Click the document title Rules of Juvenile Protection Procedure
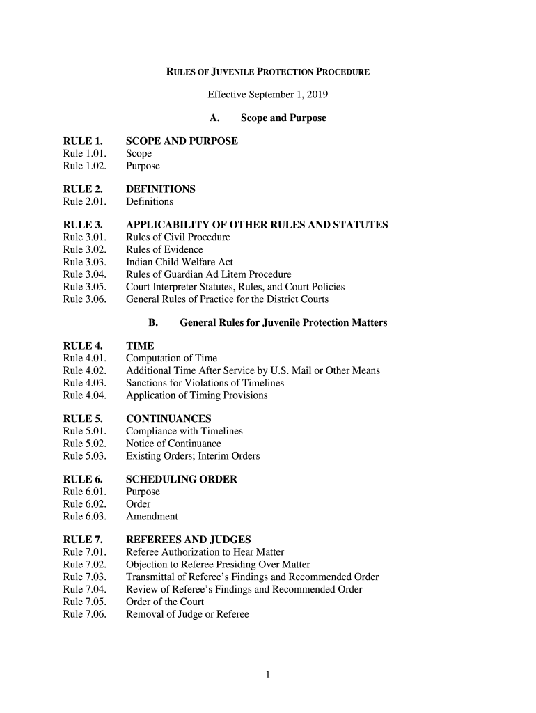267,72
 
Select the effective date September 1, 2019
267,95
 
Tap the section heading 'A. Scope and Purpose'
267,118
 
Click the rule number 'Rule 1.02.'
83,166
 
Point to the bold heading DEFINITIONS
160,189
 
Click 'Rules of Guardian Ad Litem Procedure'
208,274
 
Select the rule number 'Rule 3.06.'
84,299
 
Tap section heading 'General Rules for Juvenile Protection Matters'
283,323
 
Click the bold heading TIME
140,346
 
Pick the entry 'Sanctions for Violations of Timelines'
205,383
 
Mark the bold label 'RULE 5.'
83,419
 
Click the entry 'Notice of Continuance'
173,444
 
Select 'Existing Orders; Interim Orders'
192,456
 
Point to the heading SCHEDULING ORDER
181,480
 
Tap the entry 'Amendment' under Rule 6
152,517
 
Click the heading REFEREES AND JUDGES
188,540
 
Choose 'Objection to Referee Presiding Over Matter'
218,565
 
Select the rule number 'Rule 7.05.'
84,602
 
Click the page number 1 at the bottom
268,674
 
